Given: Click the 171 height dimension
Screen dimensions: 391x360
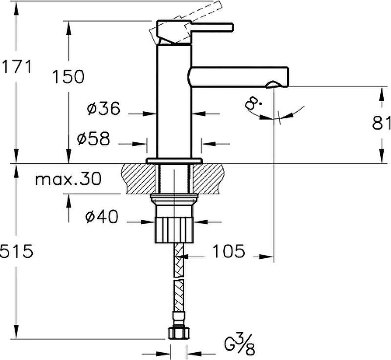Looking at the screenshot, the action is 17,67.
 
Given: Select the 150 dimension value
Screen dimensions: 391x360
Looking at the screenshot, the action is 68,76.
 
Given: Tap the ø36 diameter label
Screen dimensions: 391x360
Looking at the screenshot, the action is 104,108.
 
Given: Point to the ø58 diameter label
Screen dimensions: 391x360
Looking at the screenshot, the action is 93,138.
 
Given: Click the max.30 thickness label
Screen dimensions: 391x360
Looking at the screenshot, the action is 68,179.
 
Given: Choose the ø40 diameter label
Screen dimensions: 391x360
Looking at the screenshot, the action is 102,216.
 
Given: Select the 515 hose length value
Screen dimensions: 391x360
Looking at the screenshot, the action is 17,251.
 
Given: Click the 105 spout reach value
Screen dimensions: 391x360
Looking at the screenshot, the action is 229,251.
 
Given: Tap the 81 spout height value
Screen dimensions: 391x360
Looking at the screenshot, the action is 382,123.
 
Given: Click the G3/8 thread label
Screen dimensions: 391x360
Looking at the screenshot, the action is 239,344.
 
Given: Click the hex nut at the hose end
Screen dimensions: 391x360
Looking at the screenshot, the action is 179,333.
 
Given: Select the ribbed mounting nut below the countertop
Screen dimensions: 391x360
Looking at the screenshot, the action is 174,229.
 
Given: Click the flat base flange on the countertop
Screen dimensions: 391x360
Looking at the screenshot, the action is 174,161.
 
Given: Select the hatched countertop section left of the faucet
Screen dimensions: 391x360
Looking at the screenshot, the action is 138,179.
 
